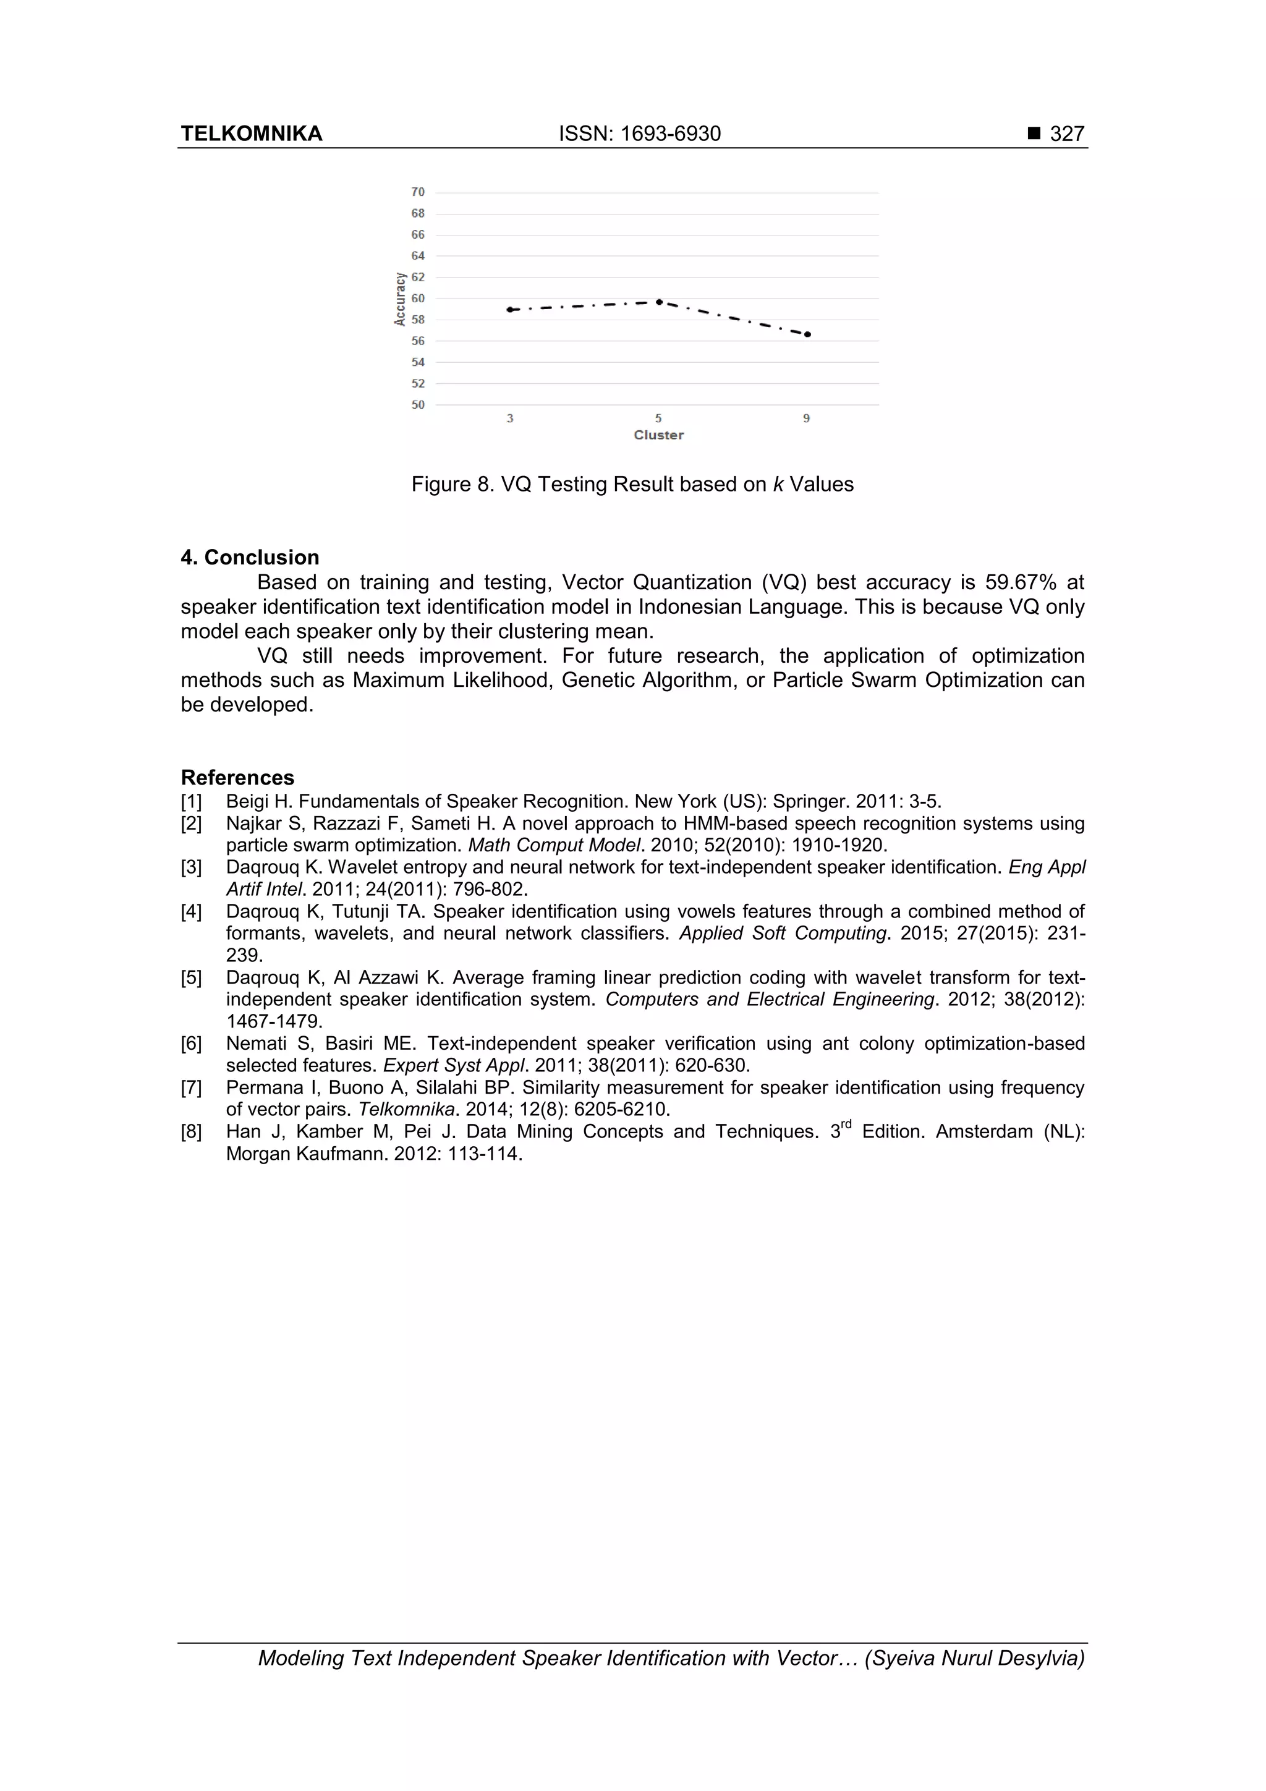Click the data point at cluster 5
tap(659, 302)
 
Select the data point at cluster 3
tap(509, 310)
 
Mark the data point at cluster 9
tap(807, 334)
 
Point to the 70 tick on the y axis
tap(418, 192)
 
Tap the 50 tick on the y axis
tap(418, 405)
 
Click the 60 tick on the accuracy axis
tap(418, 299)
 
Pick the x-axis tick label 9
tap(807, 419)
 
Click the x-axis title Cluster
tap(658, 435)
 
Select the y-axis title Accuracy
tap(400, 299)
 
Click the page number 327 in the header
tap(1066, 134)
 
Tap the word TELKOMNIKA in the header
tap(251, 134)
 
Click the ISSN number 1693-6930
tap(670, 134)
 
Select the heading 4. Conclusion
tap(250, 557)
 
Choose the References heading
tap(237, 777)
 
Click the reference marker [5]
tap(191, 977)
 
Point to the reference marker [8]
tap(191, 1131)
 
